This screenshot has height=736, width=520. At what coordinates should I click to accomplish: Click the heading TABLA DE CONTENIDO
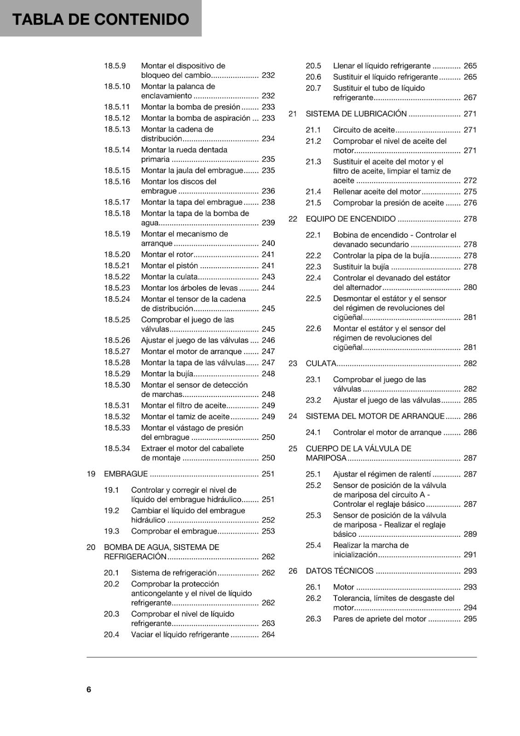[x=101, y=19]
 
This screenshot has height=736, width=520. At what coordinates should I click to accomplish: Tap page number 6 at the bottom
[x=89, y=689]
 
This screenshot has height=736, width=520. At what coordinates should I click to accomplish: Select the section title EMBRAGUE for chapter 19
[x=126, y=474]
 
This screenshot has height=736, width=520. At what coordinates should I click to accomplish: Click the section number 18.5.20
[x=117, y=254]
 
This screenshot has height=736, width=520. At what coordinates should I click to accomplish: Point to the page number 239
[x=268, y=223]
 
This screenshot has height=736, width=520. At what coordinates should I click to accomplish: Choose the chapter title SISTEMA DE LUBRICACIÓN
[x=356, y=114]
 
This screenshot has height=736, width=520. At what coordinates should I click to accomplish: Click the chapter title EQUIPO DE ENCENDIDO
[x=351, y=219]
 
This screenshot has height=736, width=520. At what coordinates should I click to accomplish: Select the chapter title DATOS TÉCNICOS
[x=340, y=571]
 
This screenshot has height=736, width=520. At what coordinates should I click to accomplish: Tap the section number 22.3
[x=313, y=267]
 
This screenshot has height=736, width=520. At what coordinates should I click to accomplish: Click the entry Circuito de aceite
[x=364, y=130]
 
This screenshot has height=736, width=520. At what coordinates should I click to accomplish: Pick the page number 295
[x=470, y=619]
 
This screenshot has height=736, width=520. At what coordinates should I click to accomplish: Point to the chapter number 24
[x=293, y=416]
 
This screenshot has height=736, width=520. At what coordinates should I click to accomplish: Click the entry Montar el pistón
[x=169, y=265]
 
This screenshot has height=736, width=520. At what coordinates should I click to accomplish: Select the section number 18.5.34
[x=117, y=448]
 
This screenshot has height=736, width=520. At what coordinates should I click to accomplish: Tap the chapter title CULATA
[x=321, y=363]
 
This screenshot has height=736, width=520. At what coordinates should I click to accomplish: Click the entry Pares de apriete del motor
[x=380, y=619]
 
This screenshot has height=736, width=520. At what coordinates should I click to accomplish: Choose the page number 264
[x=268, y=634]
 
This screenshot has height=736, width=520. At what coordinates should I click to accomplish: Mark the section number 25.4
[x=313, y=546]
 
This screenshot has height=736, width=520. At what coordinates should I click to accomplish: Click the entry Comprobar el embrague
[x=174, y=531]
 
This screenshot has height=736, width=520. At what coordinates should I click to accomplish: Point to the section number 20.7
[x=313, y=88]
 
